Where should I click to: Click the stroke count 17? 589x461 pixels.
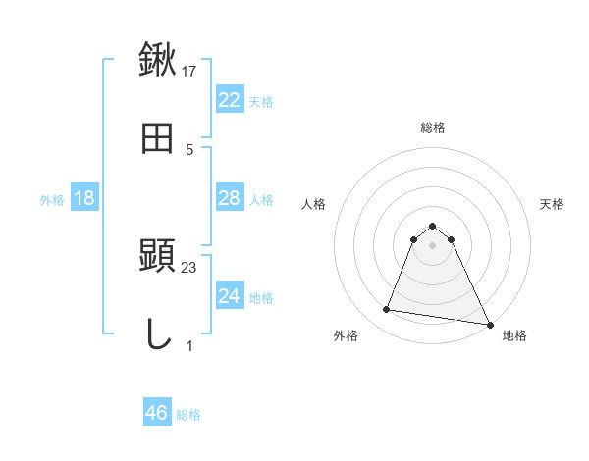click(x=189, y=72)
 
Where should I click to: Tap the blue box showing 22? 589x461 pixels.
click(x=229, y=100)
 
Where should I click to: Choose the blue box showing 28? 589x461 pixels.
click(x=229, y=198)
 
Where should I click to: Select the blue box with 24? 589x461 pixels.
click(x=229, y=296)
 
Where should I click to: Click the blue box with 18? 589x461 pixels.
click(x=84, y=198)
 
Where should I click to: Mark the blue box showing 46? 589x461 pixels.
click(x=157, y=413)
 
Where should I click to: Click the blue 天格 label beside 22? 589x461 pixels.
click(x=261, y=101)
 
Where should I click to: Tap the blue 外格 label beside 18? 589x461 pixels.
click(x=52, y=199)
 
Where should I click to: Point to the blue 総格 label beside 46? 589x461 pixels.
click(x=188, y=414)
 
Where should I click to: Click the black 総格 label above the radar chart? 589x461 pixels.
click(x=433, y=128)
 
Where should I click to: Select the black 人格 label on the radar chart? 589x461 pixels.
click(x=314, y=204)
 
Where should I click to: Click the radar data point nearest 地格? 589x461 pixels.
click(x=489, y=324)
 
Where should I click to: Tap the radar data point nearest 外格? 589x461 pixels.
click(x=387, y=310)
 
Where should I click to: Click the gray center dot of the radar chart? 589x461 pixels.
click(x=433, y=245)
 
